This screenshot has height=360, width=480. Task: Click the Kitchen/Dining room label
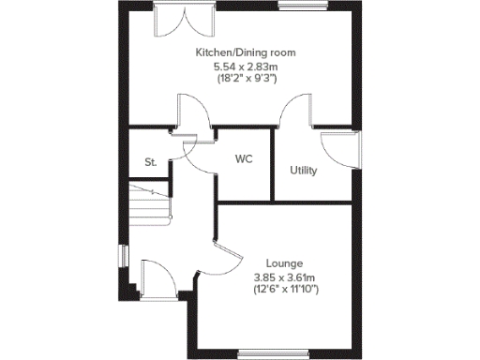pos(242,52)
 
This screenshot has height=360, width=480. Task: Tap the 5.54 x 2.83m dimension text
pos(242,67)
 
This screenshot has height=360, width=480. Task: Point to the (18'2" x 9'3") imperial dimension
pos(242,81)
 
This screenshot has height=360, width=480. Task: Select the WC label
pos(244,159)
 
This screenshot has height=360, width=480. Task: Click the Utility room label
pos(304,171)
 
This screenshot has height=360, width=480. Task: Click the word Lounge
pos(284,263)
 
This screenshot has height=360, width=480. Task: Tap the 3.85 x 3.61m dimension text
pos(284,277)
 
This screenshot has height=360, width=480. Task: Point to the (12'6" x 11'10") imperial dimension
pos(284,291)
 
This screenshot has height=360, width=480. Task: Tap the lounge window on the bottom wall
pos(273,353)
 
